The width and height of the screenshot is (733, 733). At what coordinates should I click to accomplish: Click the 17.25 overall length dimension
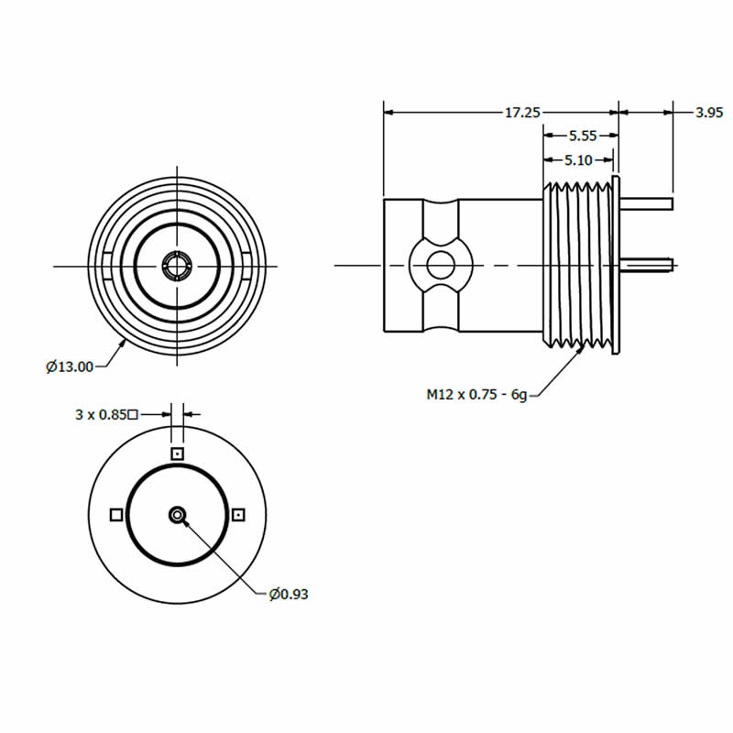tap(521, 113)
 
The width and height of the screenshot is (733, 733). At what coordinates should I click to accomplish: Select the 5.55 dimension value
tap(582, 136)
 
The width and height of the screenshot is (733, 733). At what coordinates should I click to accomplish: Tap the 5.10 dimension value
tap(577, 159)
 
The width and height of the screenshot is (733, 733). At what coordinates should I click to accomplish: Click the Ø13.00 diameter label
tap(70, 366)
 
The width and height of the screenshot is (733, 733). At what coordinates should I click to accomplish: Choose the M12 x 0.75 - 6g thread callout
tap(476, 395)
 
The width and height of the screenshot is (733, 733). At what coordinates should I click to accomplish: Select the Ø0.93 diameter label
tap(289, 594)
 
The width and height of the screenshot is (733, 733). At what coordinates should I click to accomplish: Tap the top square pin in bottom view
tap(178, 454)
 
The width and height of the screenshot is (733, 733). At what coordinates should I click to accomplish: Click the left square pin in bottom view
tap(116, 515)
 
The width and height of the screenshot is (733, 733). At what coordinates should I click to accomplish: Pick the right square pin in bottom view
tap(238, 515)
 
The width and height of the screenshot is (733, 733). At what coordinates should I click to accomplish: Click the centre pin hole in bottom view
tap(177, 515)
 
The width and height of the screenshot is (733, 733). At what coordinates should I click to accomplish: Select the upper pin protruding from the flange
tap(649, 203)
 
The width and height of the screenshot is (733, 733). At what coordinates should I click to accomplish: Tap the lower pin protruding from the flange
tap(649, 267)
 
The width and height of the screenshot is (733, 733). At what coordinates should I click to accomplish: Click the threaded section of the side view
tap(579, 266)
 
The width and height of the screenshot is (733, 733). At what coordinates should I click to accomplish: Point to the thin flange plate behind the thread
tap(618, 266)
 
